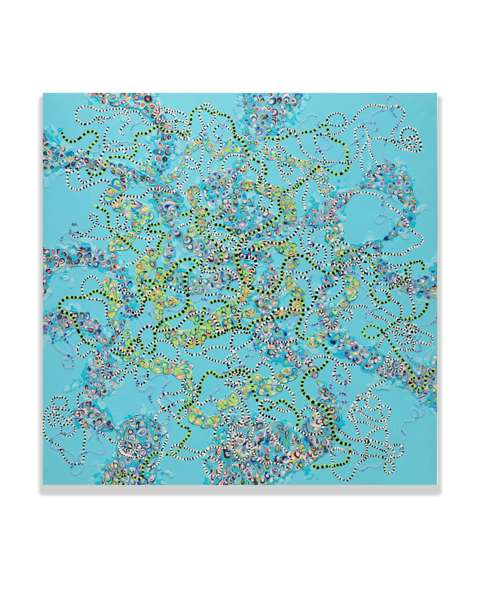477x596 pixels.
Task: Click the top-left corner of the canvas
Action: (43, 94)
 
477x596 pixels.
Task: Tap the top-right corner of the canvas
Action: (436, 94)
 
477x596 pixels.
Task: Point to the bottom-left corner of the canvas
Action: (43, 485)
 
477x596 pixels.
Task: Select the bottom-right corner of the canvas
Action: (436, 485)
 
